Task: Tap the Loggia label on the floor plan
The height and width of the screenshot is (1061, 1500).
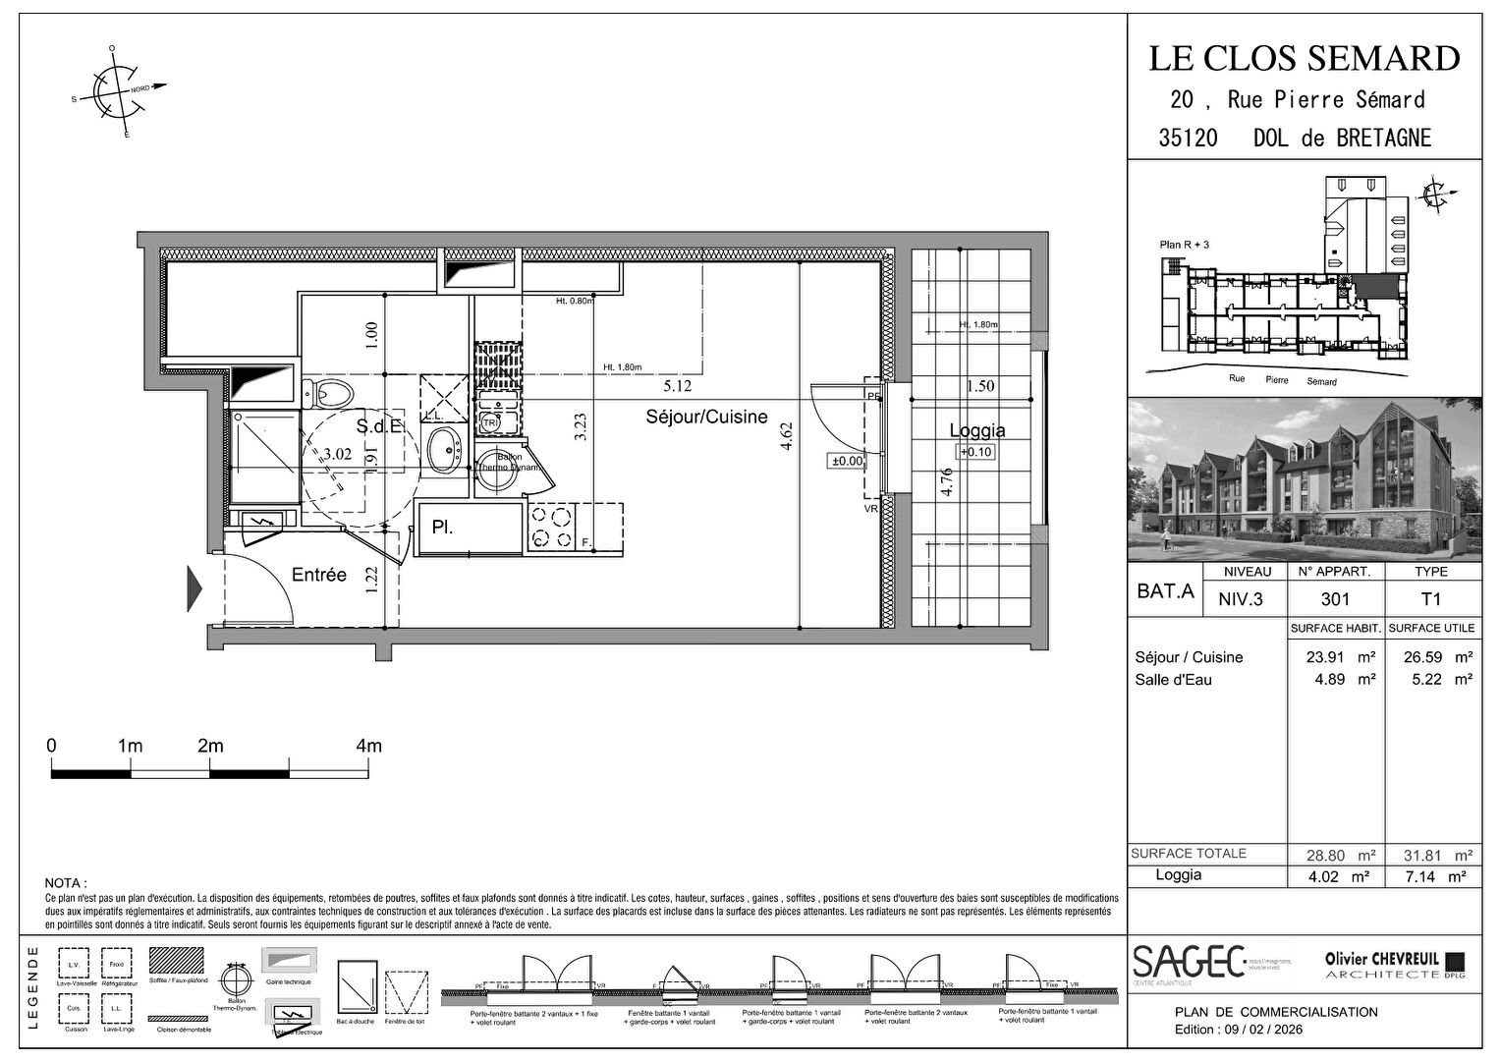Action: [x=976, y=430]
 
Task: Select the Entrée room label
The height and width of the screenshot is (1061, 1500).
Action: [x=318, y=575]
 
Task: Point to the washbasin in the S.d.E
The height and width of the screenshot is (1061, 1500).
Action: [x=444, y=450]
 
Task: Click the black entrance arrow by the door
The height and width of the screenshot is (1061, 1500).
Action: [x=194, y=588]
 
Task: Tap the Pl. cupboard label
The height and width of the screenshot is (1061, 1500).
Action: [x=442, y=528]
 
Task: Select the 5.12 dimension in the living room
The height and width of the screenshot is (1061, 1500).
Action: [x=677, y=387]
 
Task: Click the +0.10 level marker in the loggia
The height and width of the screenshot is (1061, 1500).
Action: [x=976, y=452]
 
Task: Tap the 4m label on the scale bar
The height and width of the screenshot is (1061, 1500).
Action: [x=368, y=747]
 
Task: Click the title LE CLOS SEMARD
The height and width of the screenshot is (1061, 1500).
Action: [x=1304, y=59]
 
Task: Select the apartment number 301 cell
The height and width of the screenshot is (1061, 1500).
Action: [x=1335, y=598]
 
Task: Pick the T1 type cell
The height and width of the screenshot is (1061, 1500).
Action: [x=1430, y=598]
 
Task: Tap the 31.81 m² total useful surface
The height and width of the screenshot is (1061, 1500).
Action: [x=1430, y=855]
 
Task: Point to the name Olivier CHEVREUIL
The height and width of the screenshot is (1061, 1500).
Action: [x=1381, y=959]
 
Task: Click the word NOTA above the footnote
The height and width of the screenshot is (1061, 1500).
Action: [x=65, y=883]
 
